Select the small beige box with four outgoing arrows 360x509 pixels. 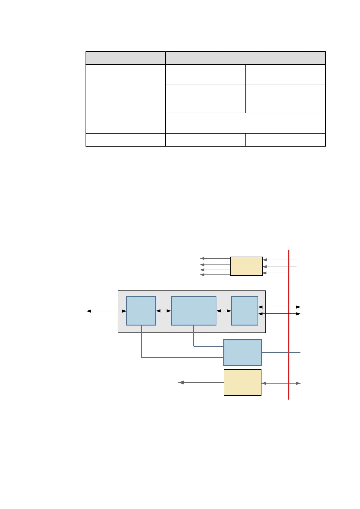[x=246, y=266]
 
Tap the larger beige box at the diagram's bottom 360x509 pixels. [x=242, y=382]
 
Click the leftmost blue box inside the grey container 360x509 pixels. [x=141, y=311]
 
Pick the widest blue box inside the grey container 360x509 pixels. [x=193, y=311]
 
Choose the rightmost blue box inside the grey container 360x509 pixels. [x=245, y=311]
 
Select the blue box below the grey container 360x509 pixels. [x=242, y=352]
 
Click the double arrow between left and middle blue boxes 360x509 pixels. [x=164, y=311]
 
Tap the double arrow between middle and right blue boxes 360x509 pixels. [x=224, y=311]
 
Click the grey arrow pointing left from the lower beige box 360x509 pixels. [x=201, y=382]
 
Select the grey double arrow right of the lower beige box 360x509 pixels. [x=281, y=383]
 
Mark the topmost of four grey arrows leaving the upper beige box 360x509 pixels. [x=215, y=258]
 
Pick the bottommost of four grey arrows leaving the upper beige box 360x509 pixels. [x=215, y=275]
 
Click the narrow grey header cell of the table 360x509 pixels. [x=125, y=58]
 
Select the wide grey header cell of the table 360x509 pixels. [x=245, y=58]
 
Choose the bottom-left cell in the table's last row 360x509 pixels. [x=125, y=140]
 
